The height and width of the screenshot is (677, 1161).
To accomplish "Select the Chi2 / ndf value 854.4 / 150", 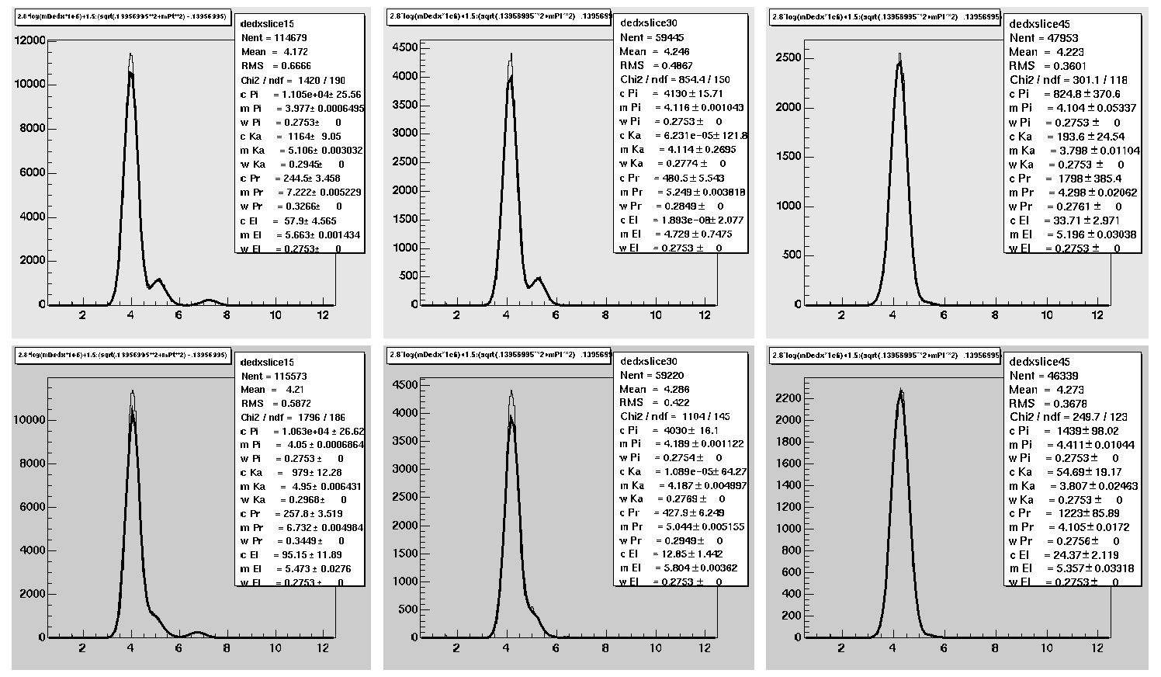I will pyautogui.click(x=674, y=79).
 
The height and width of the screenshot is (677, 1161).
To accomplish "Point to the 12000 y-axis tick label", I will pyautogui.click(x=30, y=41).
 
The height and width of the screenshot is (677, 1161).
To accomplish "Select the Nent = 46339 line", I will pyautogui.click(x=1043, y=375).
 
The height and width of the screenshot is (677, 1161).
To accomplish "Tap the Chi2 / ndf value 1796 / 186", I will pyautogui.click(x=293, y=417).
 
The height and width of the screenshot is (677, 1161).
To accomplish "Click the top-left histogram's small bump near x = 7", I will pyautogui.click(x=209, y=300).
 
